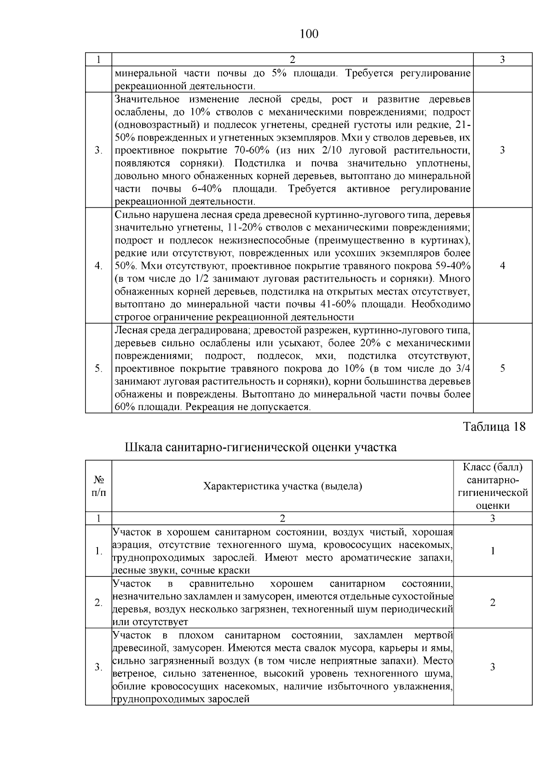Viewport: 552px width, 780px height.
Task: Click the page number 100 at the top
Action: click(x=309, y=34)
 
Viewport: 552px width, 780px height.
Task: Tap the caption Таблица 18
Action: click(x=494, y=427)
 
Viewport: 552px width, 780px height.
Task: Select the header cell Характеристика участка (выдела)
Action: click(x=282, y=486)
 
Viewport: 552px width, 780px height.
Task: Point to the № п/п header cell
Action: click(x=98, y=486)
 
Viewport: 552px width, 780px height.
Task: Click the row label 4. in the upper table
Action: click(x=98, y=266)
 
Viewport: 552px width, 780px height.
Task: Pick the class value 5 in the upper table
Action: click(x=502, y=368)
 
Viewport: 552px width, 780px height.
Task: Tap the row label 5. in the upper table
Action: click(x=98, y=368)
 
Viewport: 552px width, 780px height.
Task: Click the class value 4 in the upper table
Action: click(x=502, y=266)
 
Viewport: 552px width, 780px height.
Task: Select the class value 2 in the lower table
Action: click(x=493, y=603)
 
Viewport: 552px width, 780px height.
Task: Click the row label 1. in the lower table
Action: click(x=98, y=551)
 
